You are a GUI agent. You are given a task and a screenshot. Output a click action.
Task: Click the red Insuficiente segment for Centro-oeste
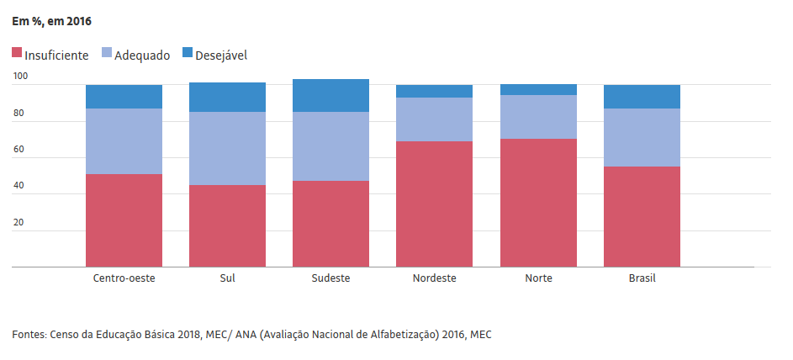tap(124, 220)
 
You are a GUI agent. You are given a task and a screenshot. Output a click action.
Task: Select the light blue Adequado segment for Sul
tap(228, 148)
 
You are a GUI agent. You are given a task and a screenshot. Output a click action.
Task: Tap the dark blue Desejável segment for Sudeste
tap(330, 96)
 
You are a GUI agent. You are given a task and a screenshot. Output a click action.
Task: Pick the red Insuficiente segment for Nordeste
tap(435, 204)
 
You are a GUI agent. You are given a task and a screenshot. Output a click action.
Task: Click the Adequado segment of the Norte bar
tap(538, 117)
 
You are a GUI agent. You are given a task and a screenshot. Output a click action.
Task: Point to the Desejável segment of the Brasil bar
tap(642, 97)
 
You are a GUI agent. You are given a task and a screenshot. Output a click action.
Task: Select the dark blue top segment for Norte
tap(538, 89)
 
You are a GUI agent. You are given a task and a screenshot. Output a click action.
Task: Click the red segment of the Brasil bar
tap(642, 216)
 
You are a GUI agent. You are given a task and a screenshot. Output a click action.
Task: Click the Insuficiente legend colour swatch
tap(17, 52)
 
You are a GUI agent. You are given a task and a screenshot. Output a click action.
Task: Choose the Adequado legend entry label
tap(142, 56)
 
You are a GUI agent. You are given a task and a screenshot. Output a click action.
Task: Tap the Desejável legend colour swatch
tap(188, 52)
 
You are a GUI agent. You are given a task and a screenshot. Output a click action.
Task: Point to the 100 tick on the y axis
tap(20, 77)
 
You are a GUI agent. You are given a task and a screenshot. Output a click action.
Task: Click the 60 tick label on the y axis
tap(19, 150)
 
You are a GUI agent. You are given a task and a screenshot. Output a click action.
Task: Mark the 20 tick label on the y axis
tap(19, 222)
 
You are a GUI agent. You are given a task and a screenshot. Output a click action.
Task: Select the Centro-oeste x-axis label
tap(124, 278)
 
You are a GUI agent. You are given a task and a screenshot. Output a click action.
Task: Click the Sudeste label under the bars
tap(330, 278)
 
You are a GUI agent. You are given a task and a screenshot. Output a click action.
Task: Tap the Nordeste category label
tap(435, 278)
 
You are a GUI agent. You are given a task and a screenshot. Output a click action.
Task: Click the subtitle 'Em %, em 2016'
tap(51, 22)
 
